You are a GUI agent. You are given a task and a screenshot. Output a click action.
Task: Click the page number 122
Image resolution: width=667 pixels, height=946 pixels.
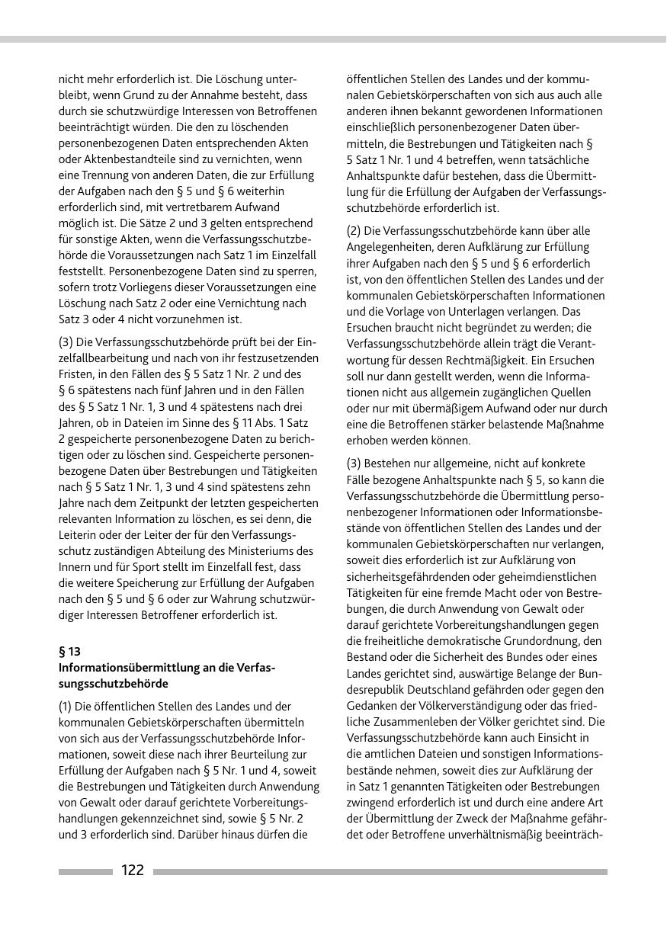point(133,871)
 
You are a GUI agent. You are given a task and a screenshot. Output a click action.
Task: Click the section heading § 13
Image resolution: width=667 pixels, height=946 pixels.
point(69,652)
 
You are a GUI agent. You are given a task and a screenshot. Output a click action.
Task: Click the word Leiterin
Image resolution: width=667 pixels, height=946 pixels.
point(79,534)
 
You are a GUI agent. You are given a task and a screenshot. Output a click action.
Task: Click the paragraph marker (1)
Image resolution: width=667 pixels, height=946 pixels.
point(67,706)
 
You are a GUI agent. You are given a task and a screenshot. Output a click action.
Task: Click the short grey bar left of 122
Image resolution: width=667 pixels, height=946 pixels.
point(85,871)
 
